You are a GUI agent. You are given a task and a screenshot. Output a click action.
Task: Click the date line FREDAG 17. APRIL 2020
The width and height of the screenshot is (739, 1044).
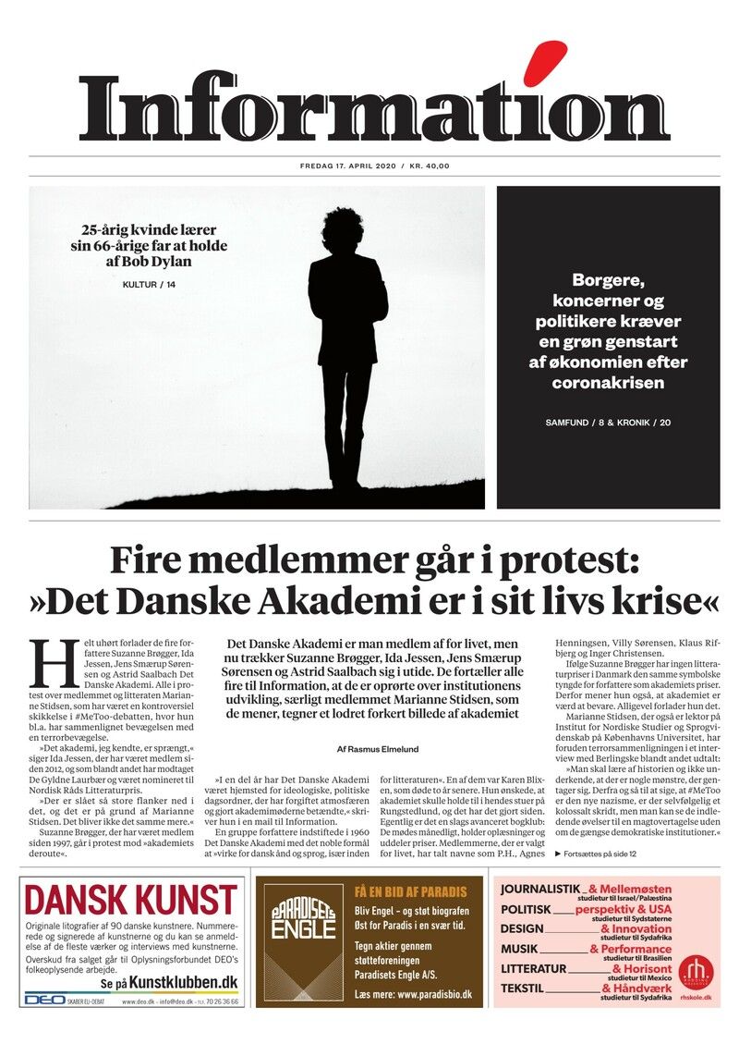click(347, 166)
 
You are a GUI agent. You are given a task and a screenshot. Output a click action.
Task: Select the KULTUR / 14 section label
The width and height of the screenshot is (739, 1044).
click(149, 284)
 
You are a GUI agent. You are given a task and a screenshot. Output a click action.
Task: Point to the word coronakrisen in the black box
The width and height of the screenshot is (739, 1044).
click(608, 382)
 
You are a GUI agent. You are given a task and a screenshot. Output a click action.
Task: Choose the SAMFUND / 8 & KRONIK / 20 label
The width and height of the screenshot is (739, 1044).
click(608, 423)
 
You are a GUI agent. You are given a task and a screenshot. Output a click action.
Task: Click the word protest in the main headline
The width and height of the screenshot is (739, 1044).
click(526, 560)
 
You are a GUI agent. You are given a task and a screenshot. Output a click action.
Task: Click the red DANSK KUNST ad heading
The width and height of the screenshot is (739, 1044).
click(130, 901)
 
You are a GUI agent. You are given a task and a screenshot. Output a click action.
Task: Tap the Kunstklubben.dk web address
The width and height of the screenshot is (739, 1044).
click(183, 981)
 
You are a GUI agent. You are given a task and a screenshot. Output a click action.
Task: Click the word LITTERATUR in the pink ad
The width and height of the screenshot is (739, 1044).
click(533, 968)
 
